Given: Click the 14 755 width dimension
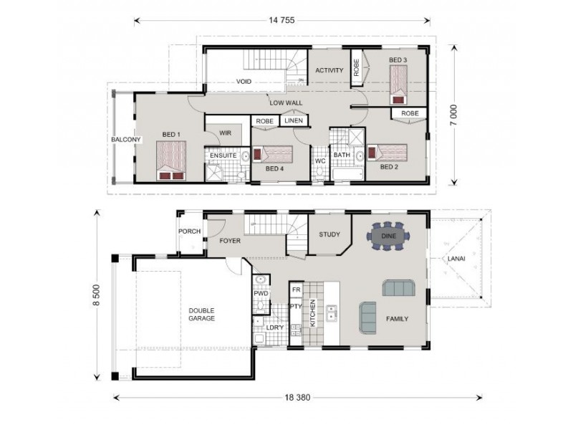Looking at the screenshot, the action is click(281, 21).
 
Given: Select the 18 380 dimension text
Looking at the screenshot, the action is click(297, 398).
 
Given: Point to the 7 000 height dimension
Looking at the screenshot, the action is click(453, 115).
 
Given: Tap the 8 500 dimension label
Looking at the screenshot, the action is click(97, 295).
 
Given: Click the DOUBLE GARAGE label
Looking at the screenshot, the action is click(201, 315).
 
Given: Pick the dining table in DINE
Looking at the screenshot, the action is click(388, 236).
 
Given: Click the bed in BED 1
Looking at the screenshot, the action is click(171, 161).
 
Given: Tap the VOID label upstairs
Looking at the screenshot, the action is click(244, 81).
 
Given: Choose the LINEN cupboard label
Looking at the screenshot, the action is click(294, 120).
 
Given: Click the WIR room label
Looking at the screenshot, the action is click(225, 133).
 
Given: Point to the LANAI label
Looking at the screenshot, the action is click(456, 259).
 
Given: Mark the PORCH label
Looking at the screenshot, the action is click(189, 231).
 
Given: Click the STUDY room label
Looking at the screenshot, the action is click(329, 234).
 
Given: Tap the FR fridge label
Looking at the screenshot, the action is click(297, 290).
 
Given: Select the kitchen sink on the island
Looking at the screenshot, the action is click(332, 312).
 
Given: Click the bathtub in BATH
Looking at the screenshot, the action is click(347, 174).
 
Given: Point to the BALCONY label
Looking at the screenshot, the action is click(126, 139).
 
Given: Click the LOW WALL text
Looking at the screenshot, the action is click(286, 102).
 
